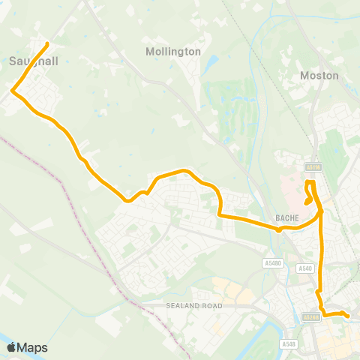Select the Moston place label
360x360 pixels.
tap(319, 76)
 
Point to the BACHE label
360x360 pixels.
tap(287, 218)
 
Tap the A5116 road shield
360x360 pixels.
tap(313, 167)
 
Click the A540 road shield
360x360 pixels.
tap(304, 268)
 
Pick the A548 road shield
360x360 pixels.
tap(290, 343)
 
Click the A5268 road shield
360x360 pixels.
tap(312, 317)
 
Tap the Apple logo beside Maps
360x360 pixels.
tap(10, 347)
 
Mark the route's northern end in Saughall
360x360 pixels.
tap(48, 43)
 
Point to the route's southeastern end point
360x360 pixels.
tap(348, 316)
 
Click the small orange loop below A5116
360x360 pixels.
tap(308, 196)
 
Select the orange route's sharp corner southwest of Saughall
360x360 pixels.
tap(13, 91)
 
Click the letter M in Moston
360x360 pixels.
tap(304, 76)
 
